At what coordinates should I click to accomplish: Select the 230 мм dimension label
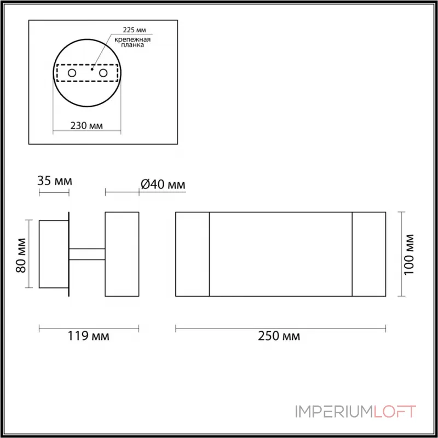pyautogui.click(x=87, y=125)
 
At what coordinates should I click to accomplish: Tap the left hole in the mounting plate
pyautogui.click(x=72, y=73)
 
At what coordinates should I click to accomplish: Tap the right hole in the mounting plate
pyautogui.click(x=103, y=73)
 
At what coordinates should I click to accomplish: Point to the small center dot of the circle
pyautogui.click(x=92, y=70)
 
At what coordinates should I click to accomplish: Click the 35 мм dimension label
pyautogui.click(x=54, y=180)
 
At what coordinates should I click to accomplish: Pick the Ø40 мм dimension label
pyautogui.click(x=163, y=185)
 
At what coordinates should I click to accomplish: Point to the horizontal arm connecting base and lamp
pyautogui.click(x=87, y=254)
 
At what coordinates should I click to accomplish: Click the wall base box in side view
pyautogui.click(x=53, y=254)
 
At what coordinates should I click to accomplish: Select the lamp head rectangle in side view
pyautogui.click(x=122, y=254)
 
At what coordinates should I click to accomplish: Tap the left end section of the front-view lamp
pyautogui.click(x=192, y=254)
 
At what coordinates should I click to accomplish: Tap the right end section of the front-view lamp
pyautogui.click(x=369, y=254)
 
